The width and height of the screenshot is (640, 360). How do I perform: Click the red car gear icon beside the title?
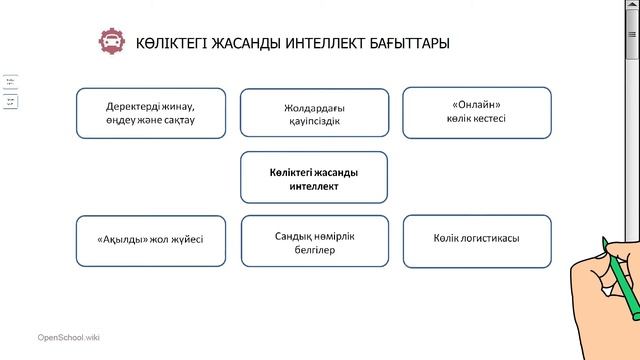click(x=112, y=42)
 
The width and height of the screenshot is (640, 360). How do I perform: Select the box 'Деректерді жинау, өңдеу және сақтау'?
click(x=151, y=113)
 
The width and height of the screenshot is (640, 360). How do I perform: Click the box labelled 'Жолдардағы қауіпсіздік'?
click(x=315, y=113)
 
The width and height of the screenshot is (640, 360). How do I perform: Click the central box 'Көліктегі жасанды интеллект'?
click(x=314, y=179)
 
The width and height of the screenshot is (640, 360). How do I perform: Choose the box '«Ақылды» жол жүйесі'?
click(x=151, y=239)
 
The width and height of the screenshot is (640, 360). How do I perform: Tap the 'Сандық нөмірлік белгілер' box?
click(x=315, y=242)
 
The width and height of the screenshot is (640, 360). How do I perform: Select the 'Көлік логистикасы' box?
click(x=477, y=239)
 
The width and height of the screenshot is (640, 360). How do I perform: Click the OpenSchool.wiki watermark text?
click(x=68, y=337)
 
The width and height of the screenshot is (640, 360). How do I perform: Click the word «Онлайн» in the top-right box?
click(x=477, y=104)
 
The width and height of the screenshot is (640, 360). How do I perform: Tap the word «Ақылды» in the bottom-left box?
click(x=124, y=239)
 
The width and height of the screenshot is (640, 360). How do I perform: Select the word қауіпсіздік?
click(x=315, y=122)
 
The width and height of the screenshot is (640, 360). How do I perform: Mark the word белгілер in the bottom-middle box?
click(x=315, y=251)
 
